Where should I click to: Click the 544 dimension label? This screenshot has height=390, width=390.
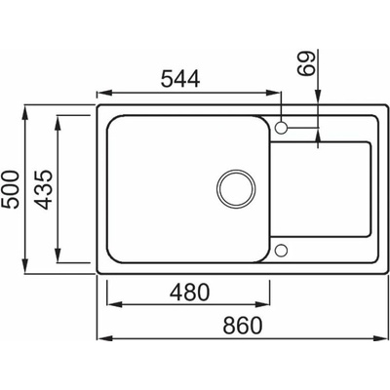pyautogui.click(x=180, y=79)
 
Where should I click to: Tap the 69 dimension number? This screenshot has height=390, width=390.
pyautogui.click(x=306, y=63)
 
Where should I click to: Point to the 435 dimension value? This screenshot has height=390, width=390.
pyautogui.click(x=44, y=189)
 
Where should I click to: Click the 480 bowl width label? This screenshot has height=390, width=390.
pyautogui.click(x=190, y=292)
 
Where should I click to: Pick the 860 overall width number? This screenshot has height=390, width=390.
pyautogui.click(x=243, y=326)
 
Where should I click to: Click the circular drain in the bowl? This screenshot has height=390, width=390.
pyautogui.click(x=236, y=188)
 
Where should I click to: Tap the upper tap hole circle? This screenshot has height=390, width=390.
pyautogui.click(x=281, y=127)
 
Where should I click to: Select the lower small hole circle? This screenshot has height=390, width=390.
pyautogui.click(x=281, y=250)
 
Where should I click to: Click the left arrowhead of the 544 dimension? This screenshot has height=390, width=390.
pyautogui.click(x=104, y=93)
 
